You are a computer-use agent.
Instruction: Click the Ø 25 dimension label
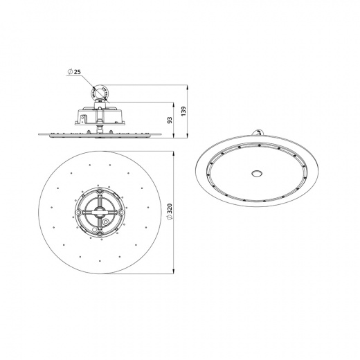75,73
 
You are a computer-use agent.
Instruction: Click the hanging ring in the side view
100,92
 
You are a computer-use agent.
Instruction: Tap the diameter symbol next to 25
70,73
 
